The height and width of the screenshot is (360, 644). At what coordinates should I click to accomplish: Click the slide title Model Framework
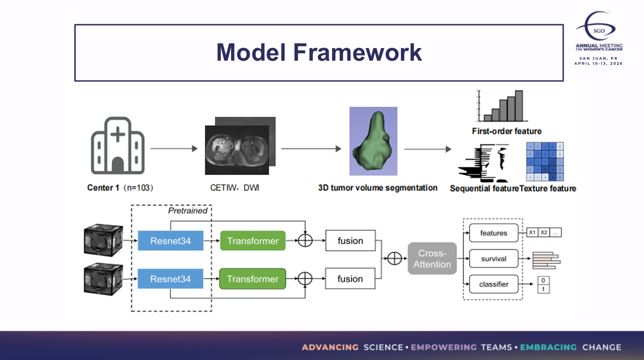pyautogui.click(x=319, y=53)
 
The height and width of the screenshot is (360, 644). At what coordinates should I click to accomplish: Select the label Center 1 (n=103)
pyautogui.click(x=120, y=188)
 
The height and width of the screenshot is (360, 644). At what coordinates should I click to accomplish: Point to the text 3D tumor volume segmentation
pyautogui.click(x=378, y=188)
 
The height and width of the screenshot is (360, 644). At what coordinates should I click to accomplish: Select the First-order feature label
pyautogui.click(x=507, y=131)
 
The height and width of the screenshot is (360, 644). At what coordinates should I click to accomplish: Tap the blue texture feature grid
pyautogui.click(x=545, y=162)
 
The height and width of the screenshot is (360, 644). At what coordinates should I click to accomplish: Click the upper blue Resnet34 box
pyautogui.click(x=170, y=241)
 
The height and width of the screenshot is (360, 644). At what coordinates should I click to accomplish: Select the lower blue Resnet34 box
pyautogui.click(x=170, y=279)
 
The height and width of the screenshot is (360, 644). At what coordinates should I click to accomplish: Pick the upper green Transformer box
pyautogui.click(x=253, y=241)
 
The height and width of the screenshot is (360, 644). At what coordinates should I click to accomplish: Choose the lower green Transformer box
pyautogui.click(x=253, y=279)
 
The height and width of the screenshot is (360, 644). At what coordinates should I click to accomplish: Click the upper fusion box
pyautogui.click(x=350, y=241)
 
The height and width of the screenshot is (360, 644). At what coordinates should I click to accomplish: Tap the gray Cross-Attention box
pyautogui.click(x=432, y=259)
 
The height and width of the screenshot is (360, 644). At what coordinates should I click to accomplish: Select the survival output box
pyautogui.click(x=494, y=259)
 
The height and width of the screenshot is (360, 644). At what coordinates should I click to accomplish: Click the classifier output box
pyautogui.click(x=494, y=284)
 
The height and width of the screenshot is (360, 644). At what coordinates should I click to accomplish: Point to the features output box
pyautogui.click(x=494, y=233)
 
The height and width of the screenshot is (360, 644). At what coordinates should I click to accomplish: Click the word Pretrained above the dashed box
pyautogui.click(x=188, y=210)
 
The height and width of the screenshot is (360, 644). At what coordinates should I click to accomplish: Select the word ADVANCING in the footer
pyautogui.click(x=330, y=347)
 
